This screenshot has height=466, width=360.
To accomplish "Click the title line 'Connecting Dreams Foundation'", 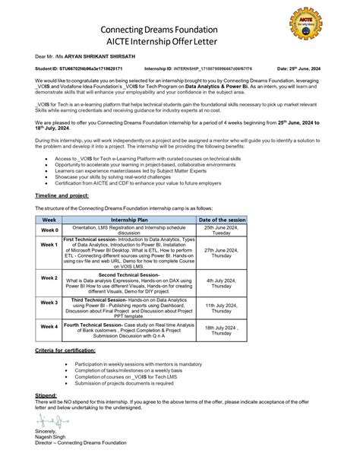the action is click(x=179, y=28).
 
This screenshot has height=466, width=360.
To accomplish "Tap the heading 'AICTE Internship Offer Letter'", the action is click(x=180, y=43).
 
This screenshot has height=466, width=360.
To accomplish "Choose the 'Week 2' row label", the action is click(x=50, y=279).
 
